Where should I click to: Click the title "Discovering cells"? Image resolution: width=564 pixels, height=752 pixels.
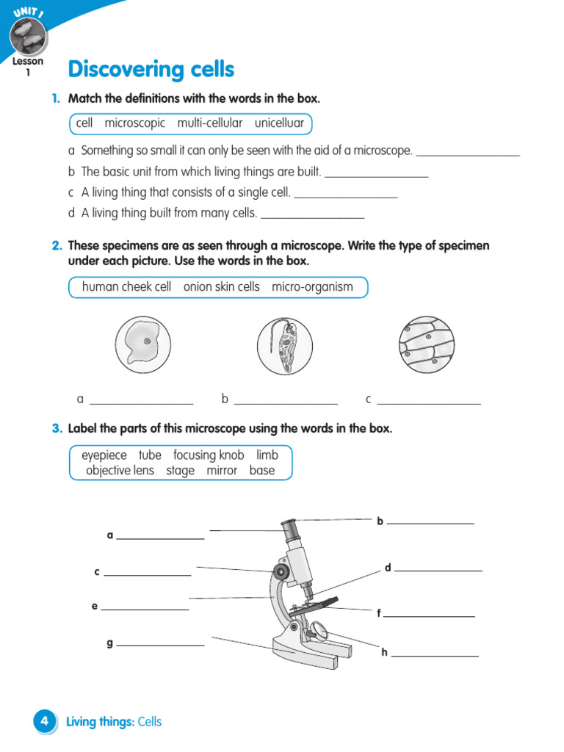tap(151, 70)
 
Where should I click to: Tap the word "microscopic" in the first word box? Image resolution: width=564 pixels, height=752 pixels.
tap(134, 123)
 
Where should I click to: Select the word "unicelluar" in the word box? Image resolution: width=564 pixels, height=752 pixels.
tap(279, 123)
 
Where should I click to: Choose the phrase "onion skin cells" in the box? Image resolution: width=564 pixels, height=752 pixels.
tap(222, 287)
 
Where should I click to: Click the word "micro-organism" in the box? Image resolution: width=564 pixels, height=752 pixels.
tap(312, 287)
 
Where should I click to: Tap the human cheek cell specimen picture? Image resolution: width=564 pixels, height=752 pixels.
tap(142, 344)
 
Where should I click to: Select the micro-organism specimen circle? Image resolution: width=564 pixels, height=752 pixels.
tap(285, 344)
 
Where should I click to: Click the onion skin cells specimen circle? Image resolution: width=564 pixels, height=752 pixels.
tap(427, 344)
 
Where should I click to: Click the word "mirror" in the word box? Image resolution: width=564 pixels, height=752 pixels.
tap(222, 471)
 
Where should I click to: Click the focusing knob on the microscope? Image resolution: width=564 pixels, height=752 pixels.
tap(281, 571)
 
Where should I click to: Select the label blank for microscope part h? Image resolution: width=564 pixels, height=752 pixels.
tap(435, 654)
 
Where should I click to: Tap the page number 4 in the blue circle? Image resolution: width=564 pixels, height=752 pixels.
tap(45, 722)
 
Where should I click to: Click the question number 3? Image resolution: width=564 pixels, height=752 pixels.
tap(57, 429)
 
